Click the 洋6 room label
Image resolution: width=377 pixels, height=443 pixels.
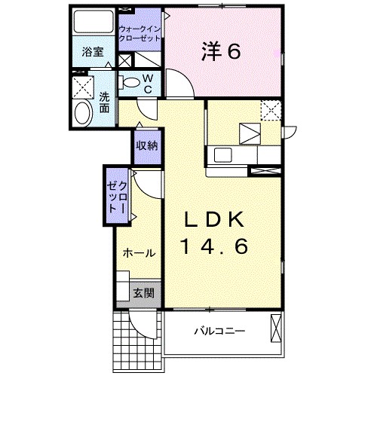[220, 51]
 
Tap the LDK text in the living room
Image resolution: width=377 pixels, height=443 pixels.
[215, 219]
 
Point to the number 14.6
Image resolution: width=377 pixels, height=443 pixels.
[214, 246]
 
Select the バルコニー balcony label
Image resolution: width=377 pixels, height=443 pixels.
[219, 330]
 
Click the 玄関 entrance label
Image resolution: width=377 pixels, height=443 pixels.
[144, 293]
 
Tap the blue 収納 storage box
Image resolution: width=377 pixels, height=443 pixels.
[146, 145]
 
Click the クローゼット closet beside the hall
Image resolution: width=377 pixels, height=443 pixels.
[116, 196]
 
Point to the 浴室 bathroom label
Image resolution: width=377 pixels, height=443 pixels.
[93, 53]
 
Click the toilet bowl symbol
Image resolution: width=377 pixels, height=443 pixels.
[131, 83]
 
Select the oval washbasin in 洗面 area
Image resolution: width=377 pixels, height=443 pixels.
[82, 114]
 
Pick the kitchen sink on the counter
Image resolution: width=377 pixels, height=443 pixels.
[223, 154]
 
